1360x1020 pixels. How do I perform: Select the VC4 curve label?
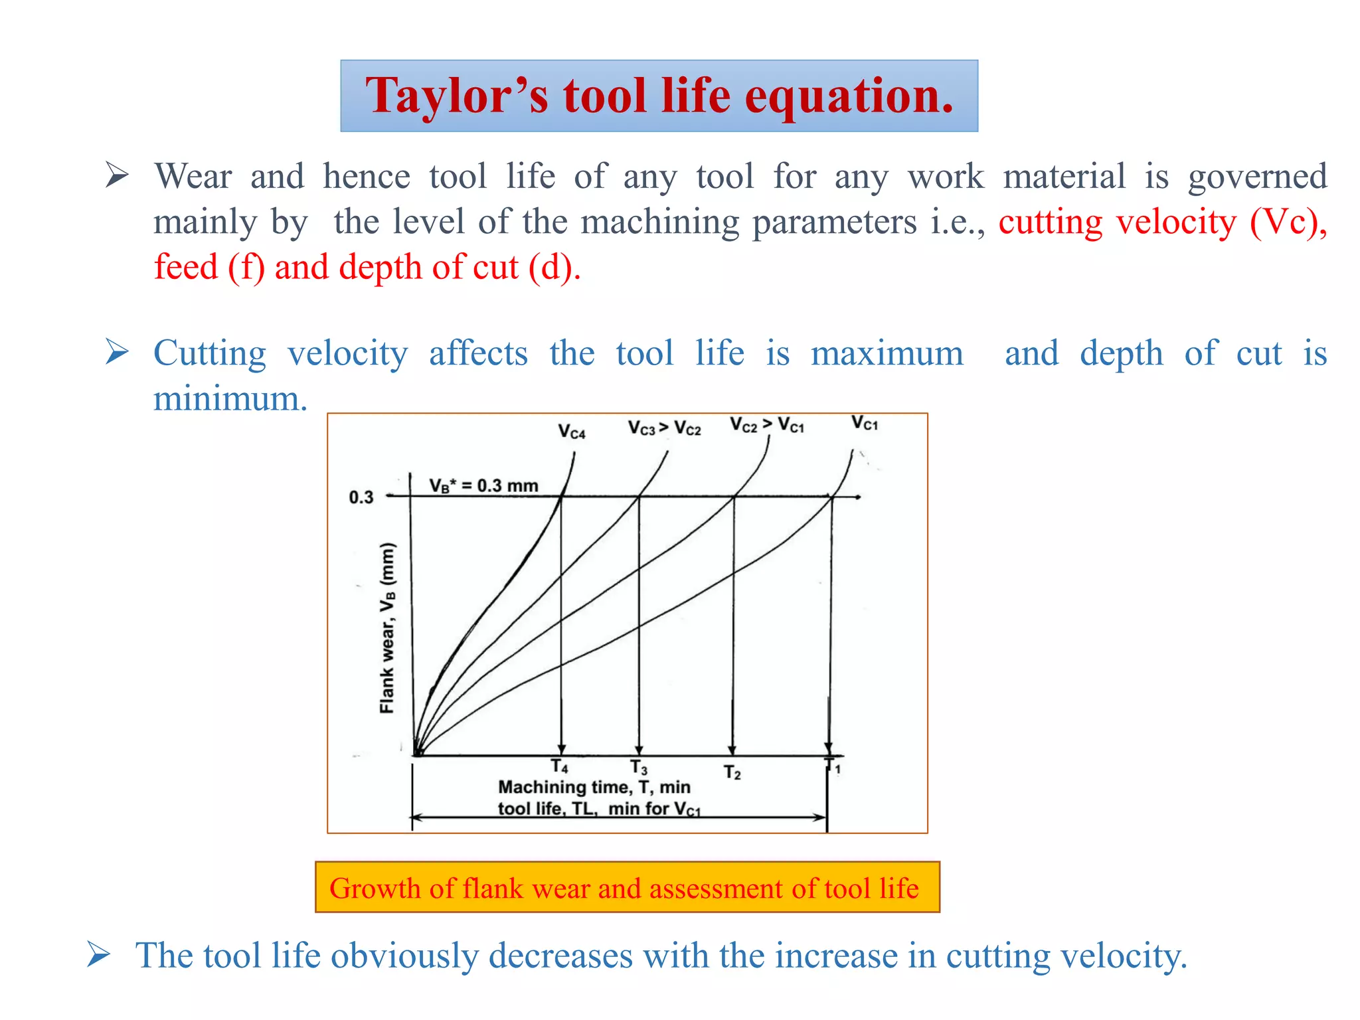(572, 432)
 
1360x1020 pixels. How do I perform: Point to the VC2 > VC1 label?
(766, 425)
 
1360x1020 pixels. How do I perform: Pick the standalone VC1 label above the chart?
(865, 423)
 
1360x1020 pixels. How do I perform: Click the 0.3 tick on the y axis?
(361, 497)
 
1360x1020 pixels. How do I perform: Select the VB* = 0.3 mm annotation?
(483, 485)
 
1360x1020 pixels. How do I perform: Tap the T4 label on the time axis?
(560, 766)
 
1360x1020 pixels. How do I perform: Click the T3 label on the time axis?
(639, 768)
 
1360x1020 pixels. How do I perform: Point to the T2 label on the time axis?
(732, 772)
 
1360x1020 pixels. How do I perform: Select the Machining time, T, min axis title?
(594, 787)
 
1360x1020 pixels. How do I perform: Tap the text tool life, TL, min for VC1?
(598, 809)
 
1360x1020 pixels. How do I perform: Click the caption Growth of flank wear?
(624, 888)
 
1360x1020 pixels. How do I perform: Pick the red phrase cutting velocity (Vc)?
(1162, 222)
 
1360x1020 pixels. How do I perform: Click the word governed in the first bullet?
(1257, 177)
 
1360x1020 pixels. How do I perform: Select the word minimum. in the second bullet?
(230, 398)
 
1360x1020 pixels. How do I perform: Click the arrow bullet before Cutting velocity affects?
(117, 352)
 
